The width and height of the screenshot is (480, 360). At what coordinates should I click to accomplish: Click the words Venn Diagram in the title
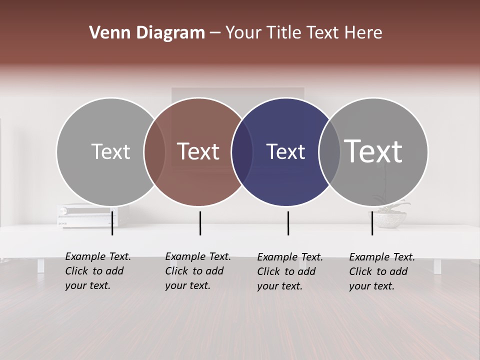146,33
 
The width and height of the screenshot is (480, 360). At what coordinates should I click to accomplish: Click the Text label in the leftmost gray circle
110,151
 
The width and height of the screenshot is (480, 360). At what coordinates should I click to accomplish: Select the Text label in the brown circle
198,151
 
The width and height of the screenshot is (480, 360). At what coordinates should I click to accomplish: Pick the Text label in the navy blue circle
285,151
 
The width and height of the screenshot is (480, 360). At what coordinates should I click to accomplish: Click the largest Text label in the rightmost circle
373,151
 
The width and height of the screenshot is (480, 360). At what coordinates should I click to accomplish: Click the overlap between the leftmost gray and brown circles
154,151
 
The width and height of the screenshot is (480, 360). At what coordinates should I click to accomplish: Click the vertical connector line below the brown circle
200,223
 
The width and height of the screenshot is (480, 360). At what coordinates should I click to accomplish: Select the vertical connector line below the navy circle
288,223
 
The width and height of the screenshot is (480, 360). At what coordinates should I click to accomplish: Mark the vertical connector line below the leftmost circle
112,223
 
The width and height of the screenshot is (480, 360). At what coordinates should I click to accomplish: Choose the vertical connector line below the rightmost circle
372,223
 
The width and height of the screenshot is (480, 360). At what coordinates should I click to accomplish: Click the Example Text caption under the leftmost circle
97,271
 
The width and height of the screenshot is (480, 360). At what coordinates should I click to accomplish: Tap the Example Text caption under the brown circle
197,271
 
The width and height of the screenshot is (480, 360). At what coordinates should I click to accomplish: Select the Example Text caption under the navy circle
289,271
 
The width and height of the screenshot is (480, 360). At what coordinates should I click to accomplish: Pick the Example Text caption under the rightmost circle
381,271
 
